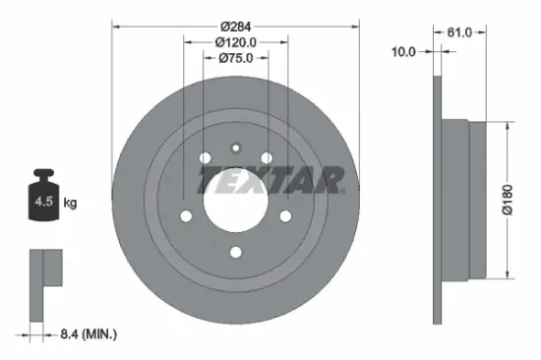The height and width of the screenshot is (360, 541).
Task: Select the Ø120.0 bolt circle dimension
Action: coord(236,41)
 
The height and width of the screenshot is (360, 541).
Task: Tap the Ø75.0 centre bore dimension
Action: coord(236,58)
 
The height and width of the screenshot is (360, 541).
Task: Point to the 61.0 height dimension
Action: coord(455,32)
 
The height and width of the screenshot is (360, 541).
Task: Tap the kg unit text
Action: coord(71,203)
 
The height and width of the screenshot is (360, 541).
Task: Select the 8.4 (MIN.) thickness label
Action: coord(86,335)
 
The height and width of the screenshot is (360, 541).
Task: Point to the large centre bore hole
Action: coord(236,203)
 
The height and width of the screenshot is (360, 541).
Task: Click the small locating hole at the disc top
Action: coord(236,150)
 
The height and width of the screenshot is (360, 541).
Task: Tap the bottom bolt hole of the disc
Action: coord(236,252)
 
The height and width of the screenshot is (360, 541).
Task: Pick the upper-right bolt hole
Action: coord(267,159)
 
